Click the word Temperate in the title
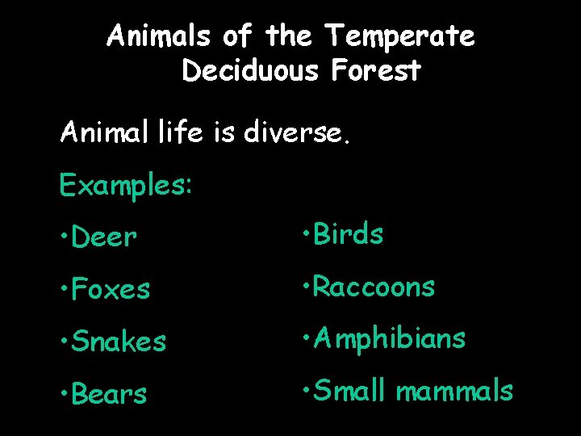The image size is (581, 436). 399,36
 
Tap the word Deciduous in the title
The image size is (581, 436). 252,71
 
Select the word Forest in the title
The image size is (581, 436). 375,71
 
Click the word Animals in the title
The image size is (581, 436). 158,36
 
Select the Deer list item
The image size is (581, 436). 104,237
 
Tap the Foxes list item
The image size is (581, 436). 111,289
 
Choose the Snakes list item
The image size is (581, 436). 119,342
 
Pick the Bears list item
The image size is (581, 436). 109,394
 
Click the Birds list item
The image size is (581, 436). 348,234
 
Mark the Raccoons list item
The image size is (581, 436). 374,287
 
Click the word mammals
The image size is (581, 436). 454,391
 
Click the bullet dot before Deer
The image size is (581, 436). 64,237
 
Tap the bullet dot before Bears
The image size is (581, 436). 64,394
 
